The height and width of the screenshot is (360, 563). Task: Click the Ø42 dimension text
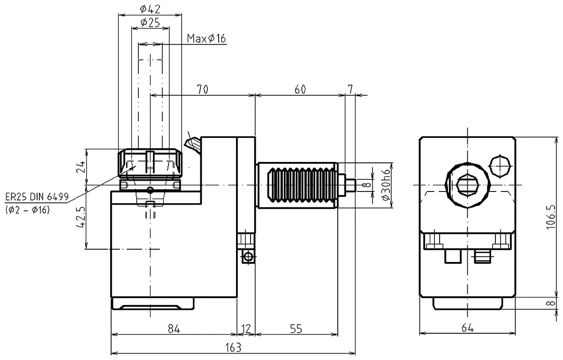[x=150, y=8]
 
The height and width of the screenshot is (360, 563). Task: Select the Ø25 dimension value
[x=150, y=22]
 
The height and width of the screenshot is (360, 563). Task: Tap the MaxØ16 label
[x=206, y=38]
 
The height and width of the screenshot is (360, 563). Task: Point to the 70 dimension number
[x=203, y=89]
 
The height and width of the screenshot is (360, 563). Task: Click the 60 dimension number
[x=300, y=89]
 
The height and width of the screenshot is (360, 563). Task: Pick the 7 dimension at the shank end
[x=350, y=89]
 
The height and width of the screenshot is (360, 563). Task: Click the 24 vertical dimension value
[x=80, y=166]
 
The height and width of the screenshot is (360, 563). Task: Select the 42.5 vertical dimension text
[x=80, y=216]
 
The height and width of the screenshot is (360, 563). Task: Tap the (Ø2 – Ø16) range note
[x=28, y=210]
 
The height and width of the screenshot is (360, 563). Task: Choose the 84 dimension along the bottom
[x=174, y=329]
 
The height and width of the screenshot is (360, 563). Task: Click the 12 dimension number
[x=246, y=329]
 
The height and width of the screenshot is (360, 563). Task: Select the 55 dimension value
[x=296, y=329]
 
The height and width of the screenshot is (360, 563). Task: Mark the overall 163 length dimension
[x=233, y=347]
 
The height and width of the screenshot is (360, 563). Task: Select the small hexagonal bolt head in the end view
[x=500, y=166]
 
